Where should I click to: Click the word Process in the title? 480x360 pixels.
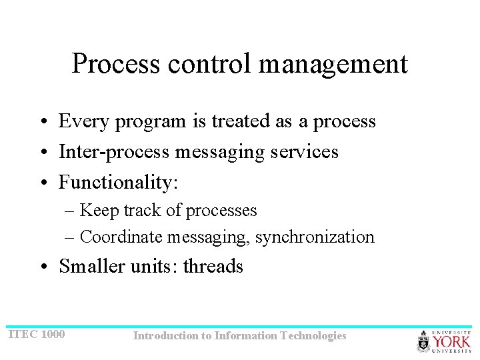116,64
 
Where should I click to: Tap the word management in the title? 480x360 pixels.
333,65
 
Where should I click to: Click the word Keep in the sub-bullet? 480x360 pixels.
97,211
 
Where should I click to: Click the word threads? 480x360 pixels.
213,266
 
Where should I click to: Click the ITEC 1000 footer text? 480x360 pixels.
36,334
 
